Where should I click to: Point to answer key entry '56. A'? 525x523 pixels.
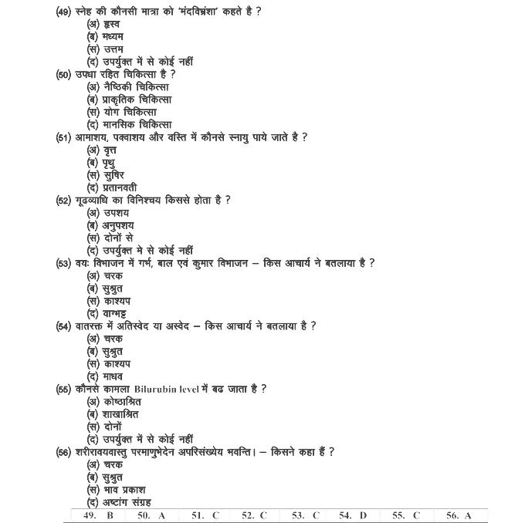(x=459, y=515)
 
